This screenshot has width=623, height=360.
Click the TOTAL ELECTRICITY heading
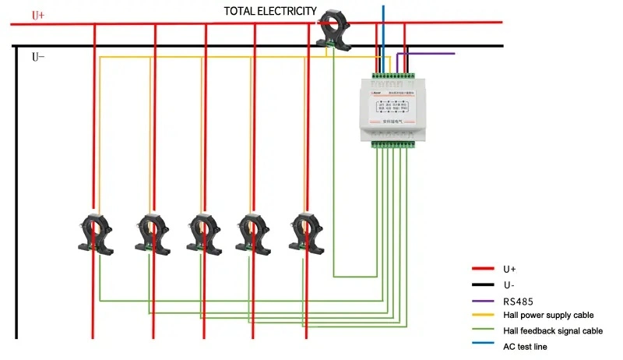pyautogui.click(x=270, y=11)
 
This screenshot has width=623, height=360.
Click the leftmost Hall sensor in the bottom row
pyautogui.click(x=95, y=231)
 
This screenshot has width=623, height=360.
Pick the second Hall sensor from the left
pyautogui.click(x=153, y=231)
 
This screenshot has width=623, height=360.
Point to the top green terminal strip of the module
pyautogui.click(x=393, y=76)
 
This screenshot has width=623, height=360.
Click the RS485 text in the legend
pyautogui.click(x=517, y=299)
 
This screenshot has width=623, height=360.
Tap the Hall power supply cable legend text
pyautogui.click(x=548, y=315)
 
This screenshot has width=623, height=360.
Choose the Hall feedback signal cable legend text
pyautogui.click(x=552, y=330)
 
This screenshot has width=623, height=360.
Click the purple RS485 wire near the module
pyautogui.click(x=428, y=54)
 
